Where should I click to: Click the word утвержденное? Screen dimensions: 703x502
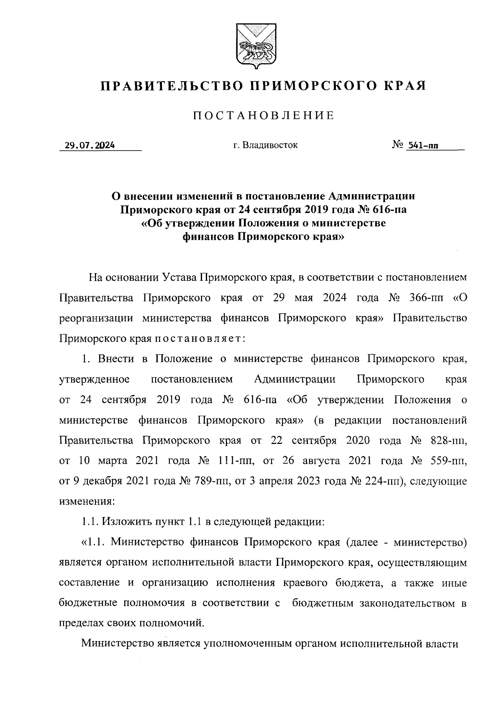pos(94,380)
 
